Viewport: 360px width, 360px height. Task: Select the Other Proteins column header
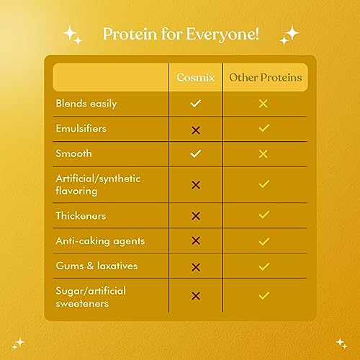(264, 77)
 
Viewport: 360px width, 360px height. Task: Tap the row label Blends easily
(86, 104)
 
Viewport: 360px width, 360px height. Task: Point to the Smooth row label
(74, 153)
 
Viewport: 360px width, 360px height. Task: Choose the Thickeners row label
(81, 215)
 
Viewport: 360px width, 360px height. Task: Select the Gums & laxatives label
(96, 266)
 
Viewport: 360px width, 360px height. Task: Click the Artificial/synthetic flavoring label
(98, 184)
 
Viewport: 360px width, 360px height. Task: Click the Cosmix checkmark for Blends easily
(196, 104)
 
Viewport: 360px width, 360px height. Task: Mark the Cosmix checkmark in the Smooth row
(196, 153)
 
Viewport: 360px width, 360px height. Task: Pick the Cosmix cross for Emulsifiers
(196, 129)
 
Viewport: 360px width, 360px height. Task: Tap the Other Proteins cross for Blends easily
(264, 104)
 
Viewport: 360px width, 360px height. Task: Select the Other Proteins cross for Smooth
(264, 153)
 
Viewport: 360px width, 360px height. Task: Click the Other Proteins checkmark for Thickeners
(264, 215)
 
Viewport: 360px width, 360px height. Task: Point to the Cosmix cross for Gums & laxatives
(196, 267)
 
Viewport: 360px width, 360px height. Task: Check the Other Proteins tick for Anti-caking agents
(264, 240)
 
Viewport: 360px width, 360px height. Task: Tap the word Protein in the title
(127, 34)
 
